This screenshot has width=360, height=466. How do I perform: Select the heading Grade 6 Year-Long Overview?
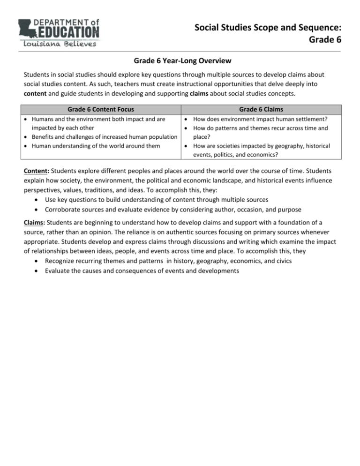180,60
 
